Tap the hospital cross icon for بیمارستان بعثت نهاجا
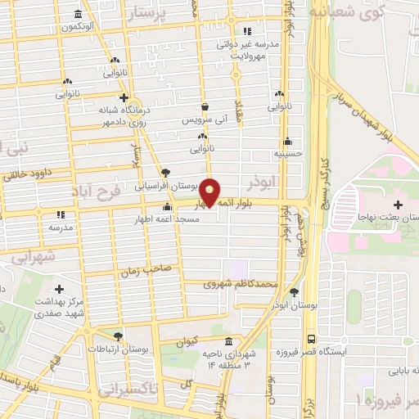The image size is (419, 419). (399, 204)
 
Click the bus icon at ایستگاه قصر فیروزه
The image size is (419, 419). (311, 338)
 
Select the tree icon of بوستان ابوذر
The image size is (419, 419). (294, 292)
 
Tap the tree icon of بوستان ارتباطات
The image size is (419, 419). (119, 336)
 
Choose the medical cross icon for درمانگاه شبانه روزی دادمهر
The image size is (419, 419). (122, 97)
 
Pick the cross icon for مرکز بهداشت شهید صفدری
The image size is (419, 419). (59, 289)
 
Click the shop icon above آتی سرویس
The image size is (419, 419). (205, 106)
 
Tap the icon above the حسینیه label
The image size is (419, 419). (286, 140)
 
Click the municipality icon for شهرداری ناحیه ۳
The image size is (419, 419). (227, 342)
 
